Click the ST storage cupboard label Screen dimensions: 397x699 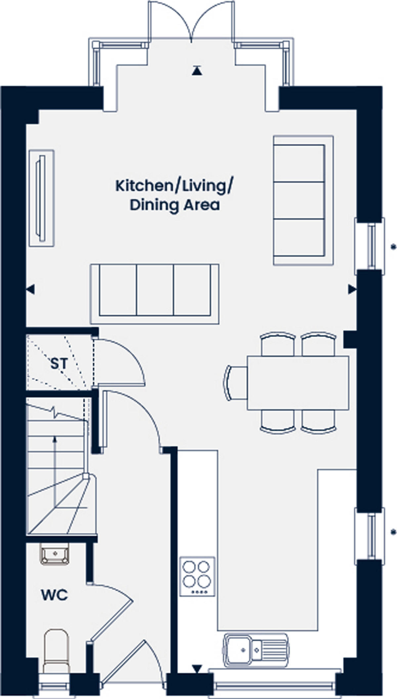coord(59,364)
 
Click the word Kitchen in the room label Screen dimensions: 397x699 coord(143,186)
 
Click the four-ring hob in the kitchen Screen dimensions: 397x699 coord(197,577)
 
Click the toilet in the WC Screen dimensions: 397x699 coord(56,652)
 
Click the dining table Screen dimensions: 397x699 coord(298,383)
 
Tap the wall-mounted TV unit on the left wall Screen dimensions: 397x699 coord(42,198)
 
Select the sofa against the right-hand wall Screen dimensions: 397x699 coord(303,200)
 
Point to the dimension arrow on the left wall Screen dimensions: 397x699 coord(30,290)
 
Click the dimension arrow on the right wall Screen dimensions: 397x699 coord(352,290)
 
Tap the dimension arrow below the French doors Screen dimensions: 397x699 coord(197,70)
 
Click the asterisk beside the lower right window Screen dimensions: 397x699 coord(393,532)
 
